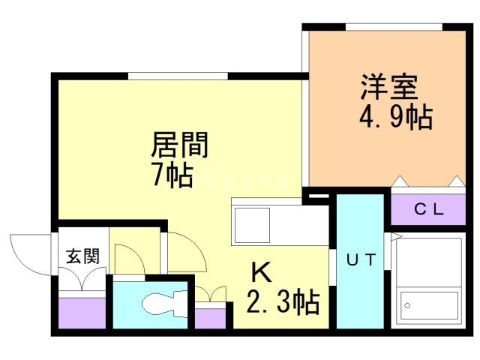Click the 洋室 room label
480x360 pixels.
[x=389, y=87]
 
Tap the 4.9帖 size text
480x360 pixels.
[x=396, y=117]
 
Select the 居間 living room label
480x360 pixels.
[x=180, y=145]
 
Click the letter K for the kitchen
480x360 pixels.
[x=262, y=273]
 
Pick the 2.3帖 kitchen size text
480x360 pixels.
[x=283, y=302]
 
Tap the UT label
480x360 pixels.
[x=361, y=260]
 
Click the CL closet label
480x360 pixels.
[x=428, y=210]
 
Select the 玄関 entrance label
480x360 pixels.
[x=83, y=256]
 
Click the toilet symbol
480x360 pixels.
[x=164, y=304]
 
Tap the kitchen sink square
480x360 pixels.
[x=252, y=225]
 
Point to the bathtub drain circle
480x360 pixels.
[x=407, y=305]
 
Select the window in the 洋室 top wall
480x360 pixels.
[x=394, y=27]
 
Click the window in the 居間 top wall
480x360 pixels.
[x=178, y=76]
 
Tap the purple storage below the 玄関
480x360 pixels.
[x=82, y=313]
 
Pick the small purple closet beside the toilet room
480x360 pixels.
[x=210, y=318]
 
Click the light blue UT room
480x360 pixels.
[x=360, y=261]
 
